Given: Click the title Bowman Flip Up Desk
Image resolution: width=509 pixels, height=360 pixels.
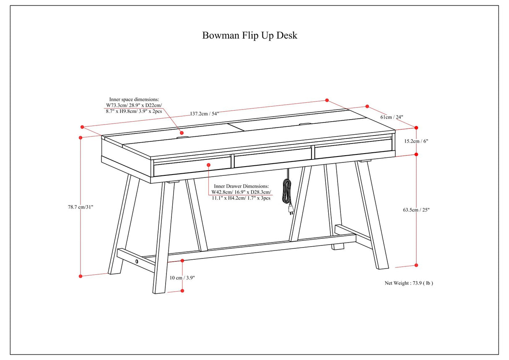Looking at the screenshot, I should pyautogui.click(x=250, y=35).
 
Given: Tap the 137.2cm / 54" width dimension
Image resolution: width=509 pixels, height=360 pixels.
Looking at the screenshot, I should pyautogui.click(x=204, y=114).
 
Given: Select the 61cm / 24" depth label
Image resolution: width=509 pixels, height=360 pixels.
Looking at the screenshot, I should pyautogui.click(x=392, y=117).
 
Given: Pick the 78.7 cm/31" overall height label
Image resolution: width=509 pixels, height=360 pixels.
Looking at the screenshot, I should pyautogui.click(x=81, y=206).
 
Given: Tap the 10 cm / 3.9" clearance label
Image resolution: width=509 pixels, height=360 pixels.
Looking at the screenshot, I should pyautogui.click(x=182, y=277).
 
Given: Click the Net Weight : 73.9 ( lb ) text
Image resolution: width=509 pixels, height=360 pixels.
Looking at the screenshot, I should pyautogui.click(x=409, y=283).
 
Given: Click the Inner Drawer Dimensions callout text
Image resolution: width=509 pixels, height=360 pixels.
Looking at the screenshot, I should pyautogui.click(x=241, y=192).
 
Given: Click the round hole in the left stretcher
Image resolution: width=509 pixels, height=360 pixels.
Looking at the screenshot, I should pyautogui.click(x=137, y=261).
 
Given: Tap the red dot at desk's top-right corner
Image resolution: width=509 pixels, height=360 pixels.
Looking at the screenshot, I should pyautogui.click(x=416, y=128).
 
